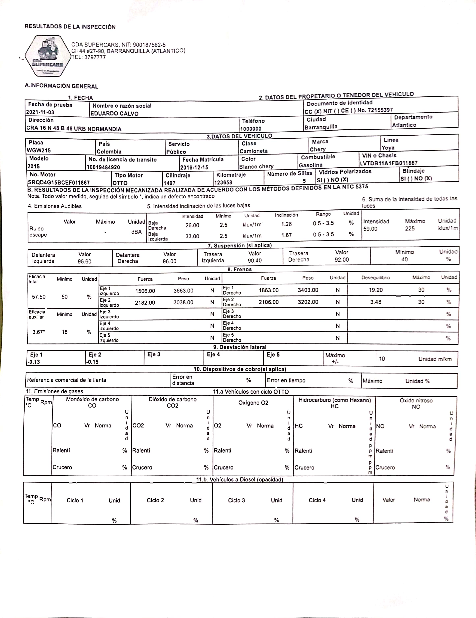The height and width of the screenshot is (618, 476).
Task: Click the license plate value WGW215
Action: tap(38, 150)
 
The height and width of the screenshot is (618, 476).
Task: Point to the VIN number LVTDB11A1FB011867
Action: tap(389, 163)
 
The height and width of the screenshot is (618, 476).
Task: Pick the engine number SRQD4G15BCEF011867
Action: tap(59, 183)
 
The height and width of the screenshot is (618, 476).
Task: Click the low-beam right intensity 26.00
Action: tap(192, 225)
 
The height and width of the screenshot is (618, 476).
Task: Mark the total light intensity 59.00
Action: tap(370, 229)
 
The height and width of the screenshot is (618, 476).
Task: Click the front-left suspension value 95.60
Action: tap(85, 261)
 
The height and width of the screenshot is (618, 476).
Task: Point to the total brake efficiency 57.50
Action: tap(39, 297)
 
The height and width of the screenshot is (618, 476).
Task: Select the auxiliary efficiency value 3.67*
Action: tap(39, 332)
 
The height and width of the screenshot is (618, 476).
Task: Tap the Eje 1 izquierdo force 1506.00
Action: tap(145, 291)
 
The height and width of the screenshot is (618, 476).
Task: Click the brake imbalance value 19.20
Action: tap(376, 290)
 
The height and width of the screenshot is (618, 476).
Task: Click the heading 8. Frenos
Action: tap(240, 269)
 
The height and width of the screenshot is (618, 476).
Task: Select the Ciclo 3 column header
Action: tap(236, 500)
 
